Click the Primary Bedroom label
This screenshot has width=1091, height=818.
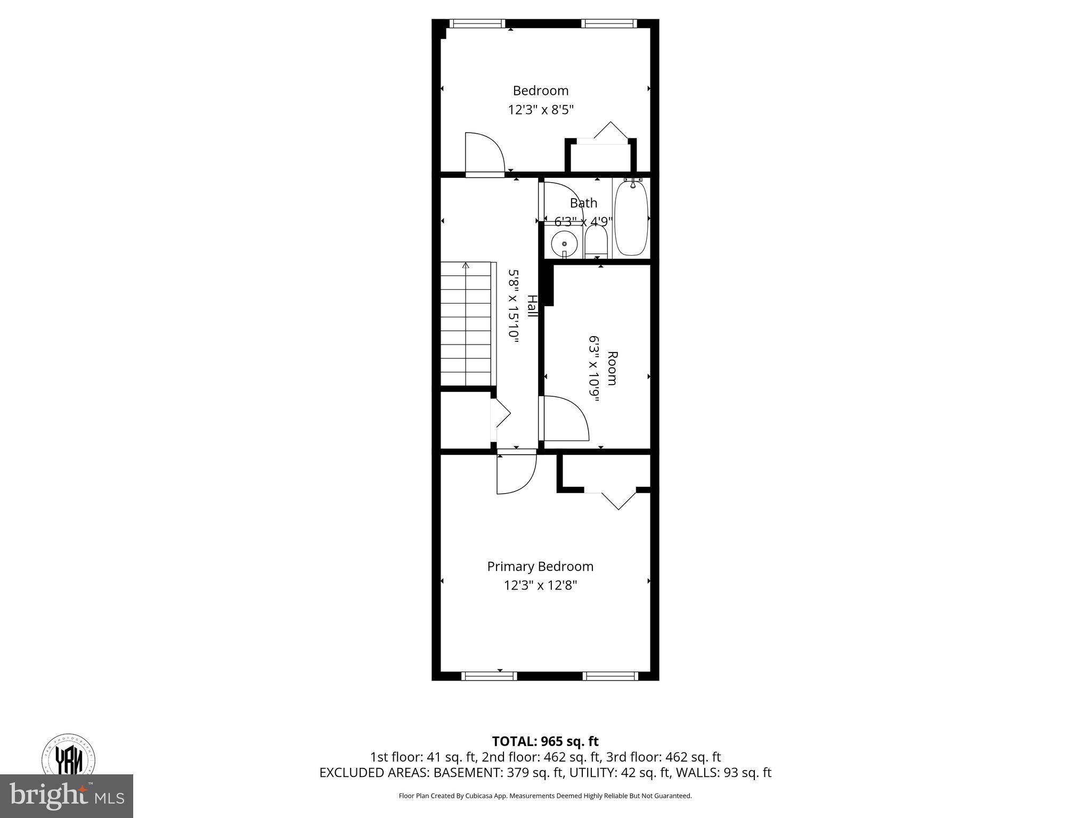[x=540, y=566]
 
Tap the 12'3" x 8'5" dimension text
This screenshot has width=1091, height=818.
[x=541, y=110]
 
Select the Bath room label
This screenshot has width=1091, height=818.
[x=583, y=203]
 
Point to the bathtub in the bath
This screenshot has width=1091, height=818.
[x=631, y=218]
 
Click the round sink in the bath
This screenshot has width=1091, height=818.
[x=564, y=244]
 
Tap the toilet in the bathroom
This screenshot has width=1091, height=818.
[x=596, y=243]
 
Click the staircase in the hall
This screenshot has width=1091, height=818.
[x=466, y=323]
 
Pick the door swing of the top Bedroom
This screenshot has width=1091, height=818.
[x=483, y=154]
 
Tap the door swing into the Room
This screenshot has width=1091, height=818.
[x=564, y=419]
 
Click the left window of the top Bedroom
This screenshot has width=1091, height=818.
[x=477, y=23]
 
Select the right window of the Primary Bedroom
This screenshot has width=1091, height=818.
[x=610, y=676]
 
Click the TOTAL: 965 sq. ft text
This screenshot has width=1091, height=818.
[x=545, y=741]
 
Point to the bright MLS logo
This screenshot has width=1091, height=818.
[x=67, y=796]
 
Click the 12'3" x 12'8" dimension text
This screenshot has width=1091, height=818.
[x=541, y=585]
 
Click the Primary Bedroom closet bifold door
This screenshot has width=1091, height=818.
[x=618, y=498]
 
